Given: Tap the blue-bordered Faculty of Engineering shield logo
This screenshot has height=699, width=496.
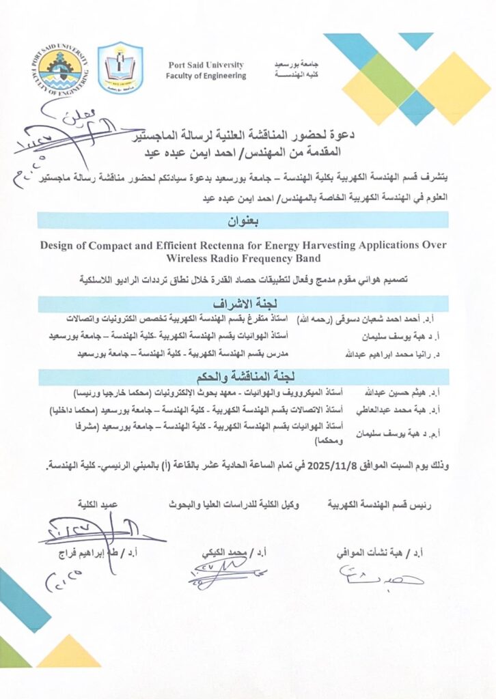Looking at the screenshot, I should pos(121,68).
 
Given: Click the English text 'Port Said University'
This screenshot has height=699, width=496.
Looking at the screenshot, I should pos(206,65).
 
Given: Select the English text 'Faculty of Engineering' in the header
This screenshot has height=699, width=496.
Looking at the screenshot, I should pos(206,76).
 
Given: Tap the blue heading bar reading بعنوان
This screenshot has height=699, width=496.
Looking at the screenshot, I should pos(243,220).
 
